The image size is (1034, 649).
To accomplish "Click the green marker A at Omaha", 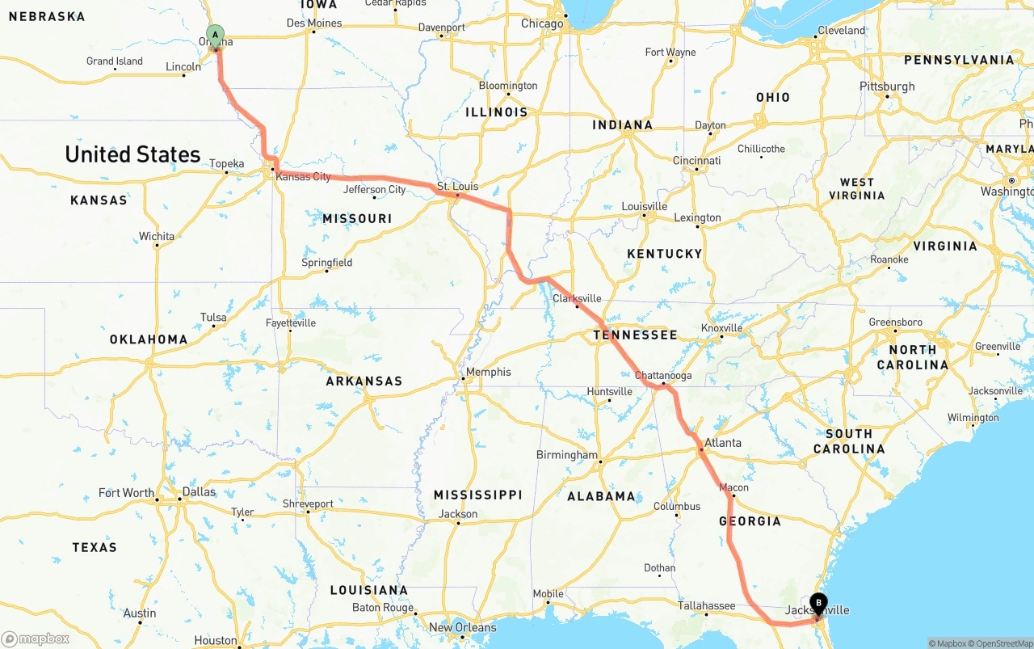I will pos(215,35).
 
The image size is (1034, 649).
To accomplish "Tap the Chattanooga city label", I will pos(663,376).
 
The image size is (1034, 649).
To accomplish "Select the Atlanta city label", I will pos(722,443).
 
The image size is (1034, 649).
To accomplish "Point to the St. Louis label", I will pos(458,187).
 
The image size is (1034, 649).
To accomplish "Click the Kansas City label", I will pos(303,176).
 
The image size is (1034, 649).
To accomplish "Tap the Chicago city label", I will pos(542,23).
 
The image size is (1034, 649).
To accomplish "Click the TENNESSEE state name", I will pos(635,335).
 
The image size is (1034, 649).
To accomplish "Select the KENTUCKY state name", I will pos(664,254).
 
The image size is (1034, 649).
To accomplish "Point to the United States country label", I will pos(132,154).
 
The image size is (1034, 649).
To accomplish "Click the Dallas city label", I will pos(199,491).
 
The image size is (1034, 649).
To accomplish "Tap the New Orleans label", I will pos(463,627).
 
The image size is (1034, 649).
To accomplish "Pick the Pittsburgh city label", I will pos(887,86).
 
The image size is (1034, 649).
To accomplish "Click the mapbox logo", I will pos(36,638).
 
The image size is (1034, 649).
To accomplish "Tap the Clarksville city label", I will pos(577,298).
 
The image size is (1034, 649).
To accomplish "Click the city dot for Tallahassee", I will pos(706,614).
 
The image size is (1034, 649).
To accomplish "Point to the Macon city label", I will pos(733,487).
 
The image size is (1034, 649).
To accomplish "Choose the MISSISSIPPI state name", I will pos(477,495).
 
